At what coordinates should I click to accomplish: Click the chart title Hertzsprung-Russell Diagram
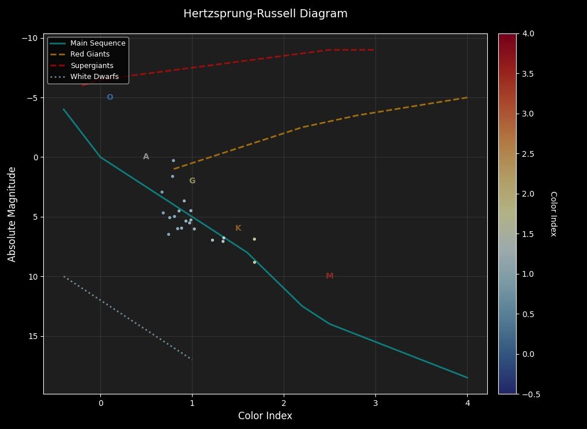coord(265,14)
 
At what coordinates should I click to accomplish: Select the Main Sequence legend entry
coord(98,43)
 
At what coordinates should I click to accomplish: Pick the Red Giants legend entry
coord(92,54)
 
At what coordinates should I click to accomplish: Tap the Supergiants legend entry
coord(92,65)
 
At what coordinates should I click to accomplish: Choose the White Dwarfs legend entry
coord(95,76)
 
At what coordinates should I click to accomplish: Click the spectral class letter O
coord(110,97)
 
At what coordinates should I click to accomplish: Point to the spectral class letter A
coord(146,156)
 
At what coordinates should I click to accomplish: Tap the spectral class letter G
coord(192,180)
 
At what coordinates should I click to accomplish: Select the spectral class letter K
coord(238,228)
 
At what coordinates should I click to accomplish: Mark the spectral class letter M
coord(330,276)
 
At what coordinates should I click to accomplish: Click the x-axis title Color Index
coord(265,416)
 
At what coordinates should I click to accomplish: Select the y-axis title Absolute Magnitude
coord(12,214)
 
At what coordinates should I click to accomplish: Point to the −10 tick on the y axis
coord(29,38)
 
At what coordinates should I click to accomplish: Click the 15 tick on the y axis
coord(32,336)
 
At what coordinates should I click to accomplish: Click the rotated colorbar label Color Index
coord(553,214)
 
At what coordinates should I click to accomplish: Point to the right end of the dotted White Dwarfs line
coord(192,360)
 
